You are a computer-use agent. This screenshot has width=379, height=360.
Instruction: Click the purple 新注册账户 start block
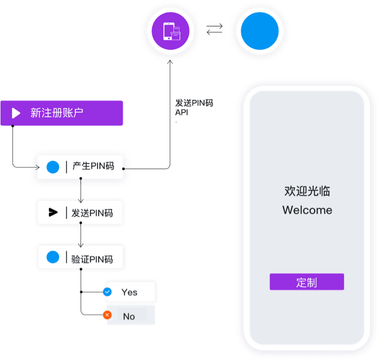coord(61,113)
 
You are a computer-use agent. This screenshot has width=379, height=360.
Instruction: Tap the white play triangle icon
coord(16,113)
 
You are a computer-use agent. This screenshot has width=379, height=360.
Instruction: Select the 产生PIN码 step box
coord(80,167)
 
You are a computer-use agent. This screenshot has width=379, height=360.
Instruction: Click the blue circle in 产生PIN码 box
coord(53,167)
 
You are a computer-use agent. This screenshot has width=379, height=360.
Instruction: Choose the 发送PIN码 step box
coord(80,213)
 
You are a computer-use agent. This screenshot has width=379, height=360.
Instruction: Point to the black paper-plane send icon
coord(53,213)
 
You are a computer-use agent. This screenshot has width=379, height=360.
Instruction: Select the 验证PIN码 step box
coord(81,259)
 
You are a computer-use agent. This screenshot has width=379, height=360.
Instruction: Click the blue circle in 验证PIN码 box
coord(53,258)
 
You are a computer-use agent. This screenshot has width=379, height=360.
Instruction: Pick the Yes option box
coord(130,292)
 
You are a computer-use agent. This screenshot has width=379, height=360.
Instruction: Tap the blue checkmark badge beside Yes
coord(107,292)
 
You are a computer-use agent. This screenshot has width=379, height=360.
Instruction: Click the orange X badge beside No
coord(107,315)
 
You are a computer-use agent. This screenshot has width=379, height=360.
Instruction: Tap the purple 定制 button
coord(307,282)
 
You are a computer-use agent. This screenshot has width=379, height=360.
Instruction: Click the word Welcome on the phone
coord(307,210)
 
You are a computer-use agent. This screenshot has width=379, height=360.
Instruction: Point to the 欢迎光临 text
coord(307,191)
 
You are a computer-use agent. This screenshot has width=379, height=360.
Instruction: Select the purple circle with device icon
coord(171,30)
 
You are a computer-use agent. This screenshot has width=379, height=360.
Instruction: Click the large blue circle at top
coord(260,31)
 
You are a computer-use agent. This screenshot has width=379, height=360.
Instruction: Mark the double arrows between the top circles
coord(215,30)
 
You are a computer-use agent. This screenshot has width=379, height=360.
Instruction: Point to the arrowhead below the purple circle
coord(170,63)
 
